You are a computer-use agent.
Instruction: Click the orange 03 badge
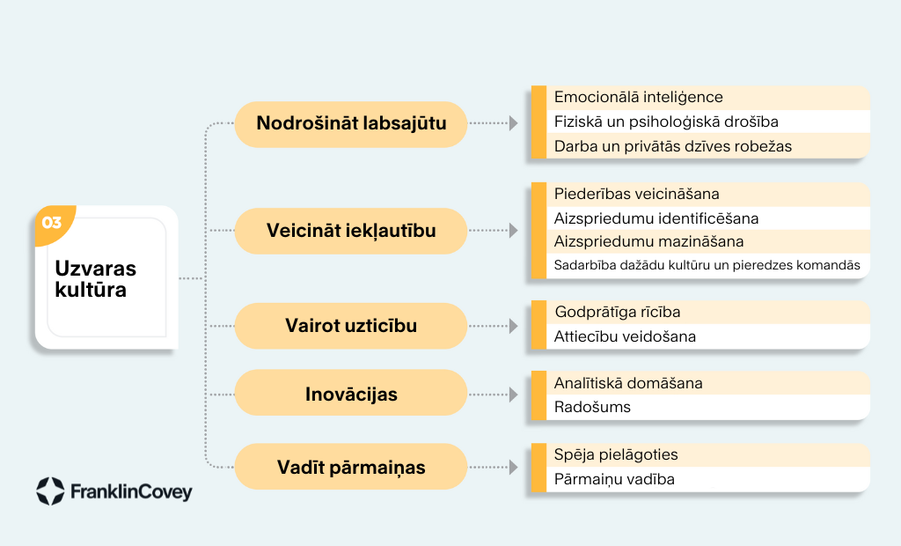53,223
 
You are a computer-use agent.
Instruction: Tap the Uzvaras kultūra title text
95,279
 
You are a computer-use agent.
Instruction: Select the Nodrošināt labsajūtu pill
350,123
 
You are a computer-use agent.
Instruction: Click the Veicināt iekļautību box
350,231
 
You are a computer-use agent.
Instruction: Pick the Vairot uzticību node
350,326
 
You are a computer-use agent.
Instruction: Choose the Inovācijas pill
350,395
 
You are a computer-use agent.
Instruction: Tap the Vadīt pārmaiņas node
350,467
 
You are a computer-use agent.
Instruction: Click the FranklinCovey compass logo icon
50,491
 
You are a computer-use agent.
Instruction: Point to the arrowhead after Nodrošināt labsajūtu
513,123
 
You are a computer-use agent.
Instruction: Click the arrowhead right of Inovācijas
513,395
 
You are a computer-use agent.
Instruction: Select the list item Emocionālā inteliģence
639,97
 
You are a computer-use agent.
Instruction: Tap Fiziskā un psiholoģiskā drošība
666,122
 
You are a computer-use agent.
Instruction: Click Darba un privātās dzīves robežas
673,146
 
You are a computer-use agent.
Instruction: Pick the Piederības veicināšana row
637,194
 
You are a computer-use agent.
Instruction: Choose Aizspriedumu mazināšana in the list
648,241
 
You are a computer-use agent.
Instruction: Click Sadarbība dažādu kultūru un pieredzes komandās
707,265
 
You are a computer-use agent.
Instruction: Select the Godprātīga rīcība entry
618,313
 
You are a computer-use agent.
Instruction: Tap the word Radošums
592,408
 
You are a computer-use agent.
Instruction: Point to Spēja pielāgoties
616,455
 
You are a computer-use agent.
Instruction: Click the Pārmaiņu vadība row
614,479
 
